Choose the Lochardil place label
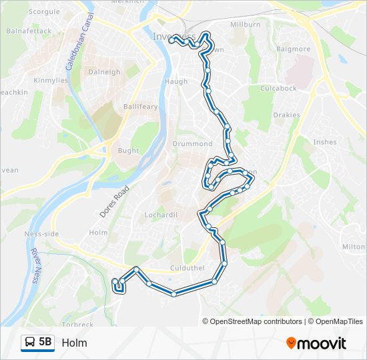coord(161,215)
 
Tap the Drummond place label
coord(192,144)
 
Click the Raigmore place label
coord(294,49)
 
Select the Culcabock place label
coord(278,89)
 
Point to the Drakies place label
coord(286,115)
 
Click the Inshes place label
coord(324,142)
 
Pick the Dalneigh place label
coord(104,72)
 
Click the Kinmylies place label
coord(51,81)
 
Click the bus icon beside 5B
coord(29,343)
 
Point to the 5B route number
coord(45,343)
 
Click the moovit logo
coord(316,343)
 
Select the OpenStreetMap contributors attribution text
coord(255,321)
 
